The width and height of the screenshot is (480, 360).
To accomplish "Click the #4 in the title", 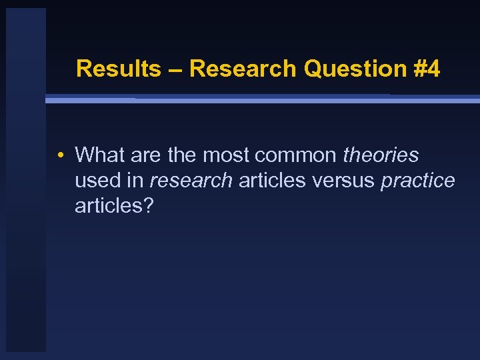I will (427, 69).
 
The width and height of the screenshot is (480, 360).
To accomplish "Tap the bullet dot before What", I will (60, 156).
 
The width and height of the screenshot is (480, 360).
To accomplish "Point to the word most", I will (226, 155).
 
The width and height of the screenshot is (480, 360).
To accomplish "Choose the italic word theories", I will (381, 155).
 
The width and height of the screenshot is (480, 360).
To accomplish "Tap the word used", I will (97, 181).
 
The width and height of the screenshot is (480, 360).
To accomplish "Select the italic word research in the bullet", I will (191, 181).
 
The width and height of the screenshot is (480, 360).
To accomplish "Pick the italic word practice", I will (418, 181).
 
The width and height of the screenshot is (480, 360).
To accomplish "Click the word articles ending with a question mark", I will (114, 206).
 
